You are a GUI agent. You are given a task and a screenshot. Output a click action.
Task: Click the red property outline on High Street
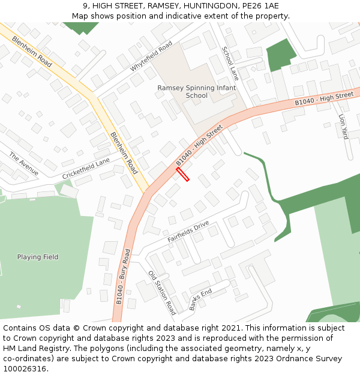pos(182,174)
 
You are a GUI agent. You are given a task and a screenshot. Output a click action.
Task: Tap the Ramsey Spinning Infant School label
pos(197,91)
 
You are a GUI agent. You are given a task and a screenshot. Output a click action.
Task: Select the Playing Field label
pos(38,257)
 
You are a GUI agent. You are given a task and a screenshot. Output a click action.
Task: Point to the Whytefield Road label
pos(151,56)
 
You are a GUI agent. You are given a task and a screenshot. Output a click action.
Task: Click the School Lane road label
pos(230,64)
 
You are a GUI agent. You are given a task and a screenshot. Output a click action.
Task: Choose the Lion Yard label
pos(343,127)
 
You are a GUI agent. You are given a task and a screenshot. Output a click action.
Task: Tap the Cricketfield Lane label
pos(86,169)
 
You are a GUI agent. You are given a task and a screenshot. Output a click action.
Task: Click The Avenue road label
pos(23,164)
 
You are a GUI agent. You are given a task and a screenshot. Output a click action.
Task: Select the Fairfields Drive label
pos(188,231)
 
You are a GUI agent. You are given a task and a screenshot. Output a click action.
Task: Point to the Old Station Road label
pos(162,293)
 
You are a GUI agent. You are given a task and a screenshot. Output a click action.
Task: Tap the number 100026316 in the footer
pos(24,368)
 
